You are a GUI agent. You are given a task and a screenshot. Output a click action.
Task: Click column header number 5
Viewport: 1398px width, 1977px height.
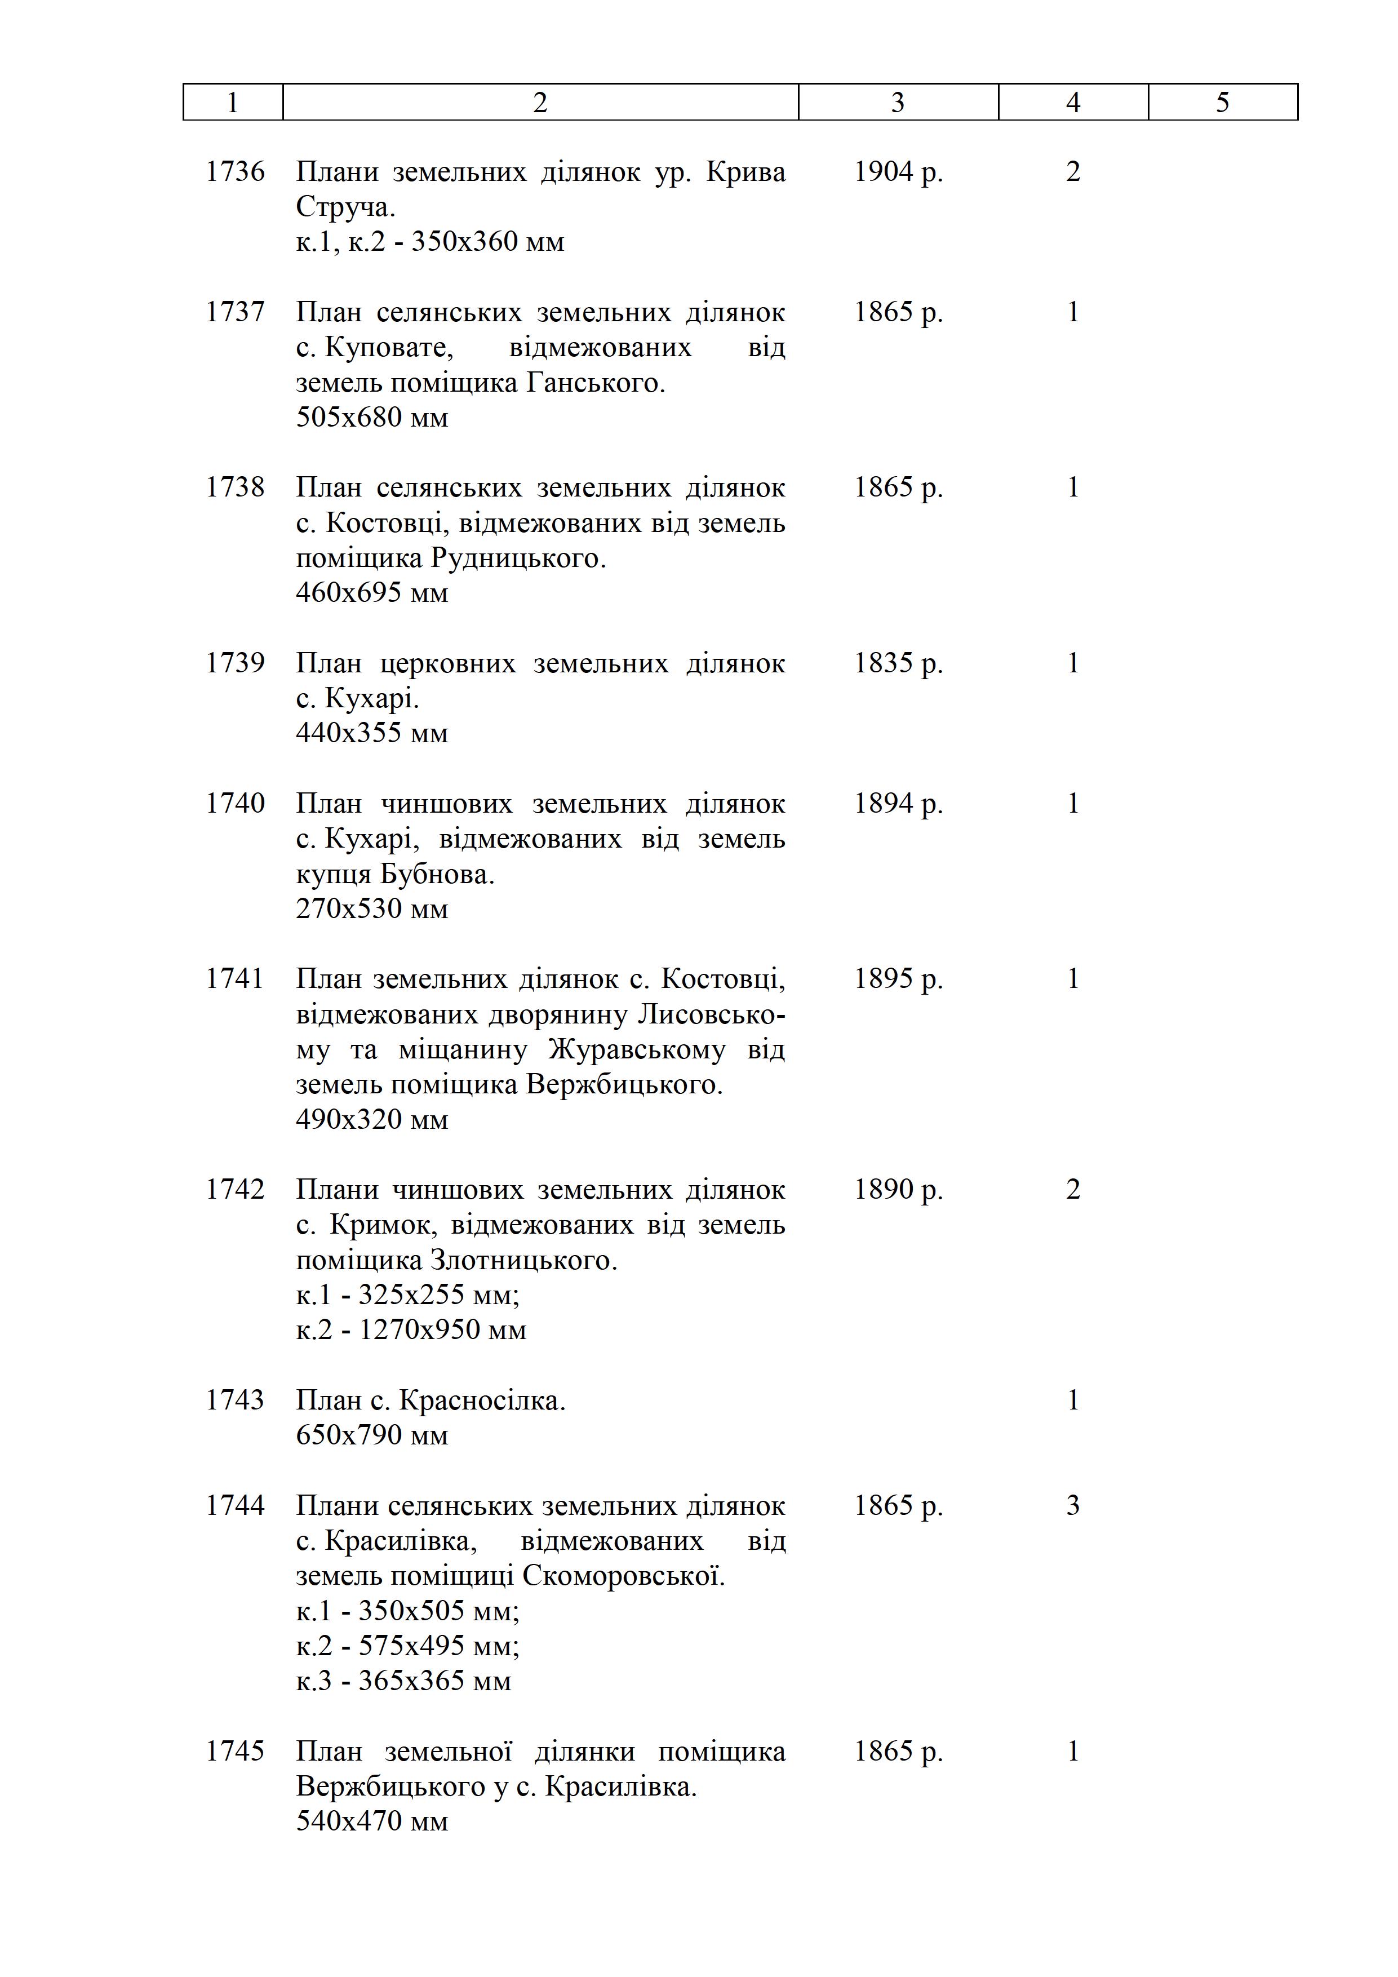pyautogui.click(x=1222, y=103)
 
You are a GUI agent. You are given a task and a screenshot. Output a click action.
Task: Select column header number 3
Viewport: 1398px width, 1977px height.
pyautogui.click(x=898, y=103)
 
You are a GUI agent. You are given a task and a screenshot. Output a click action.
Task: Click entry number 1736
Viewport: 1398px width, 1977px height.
pyautogui.click(x=235, y=171)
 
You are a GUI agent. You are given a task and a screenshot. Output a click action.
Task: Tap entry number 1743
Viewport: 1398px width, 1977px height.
pyautogui.click(x=235, y=1400)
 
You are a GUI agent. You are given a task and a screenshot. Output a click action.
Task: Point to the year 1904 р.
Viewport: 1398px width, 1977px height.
pyautogui.click(x=898, y=171)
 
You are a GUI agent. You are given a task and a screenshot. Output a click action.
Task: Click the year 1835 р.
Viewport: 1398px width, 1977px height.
pyautogui.click(x=898, y=663)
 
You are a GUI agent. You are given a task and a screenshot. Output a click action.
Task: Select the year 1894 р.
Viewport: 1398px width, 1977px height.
pyautogui.click(x=898, y=804)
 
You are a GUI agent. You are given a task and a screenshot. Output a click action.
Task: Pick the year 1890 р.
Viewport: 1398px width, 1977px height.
pyautogui.click(x=898, y=1189)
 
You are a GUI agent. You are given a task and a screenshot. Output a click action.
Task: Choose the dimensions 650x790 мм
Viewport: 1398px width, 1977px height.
pyautogui.click(x=372, y=1435)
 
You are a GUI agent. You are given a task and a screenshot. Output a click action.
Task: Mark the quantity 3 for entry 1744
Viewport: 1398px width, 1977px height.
pyautogui.click(x=1073, y=1505)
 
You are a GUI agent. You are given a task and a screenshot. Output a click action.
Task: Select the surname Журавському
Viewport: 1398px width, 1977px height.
pyautogui.click(x=636, y=1049)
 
